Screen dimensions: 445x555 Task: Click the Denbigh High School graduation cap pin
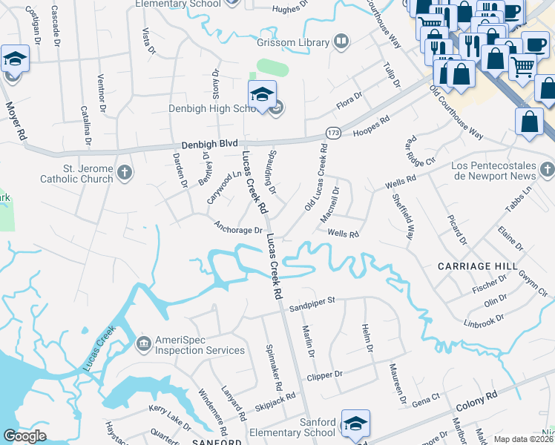262,96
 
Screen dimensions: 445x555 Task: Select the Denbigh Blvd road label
212,145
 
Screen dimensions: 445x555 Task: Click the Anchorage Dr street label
238,228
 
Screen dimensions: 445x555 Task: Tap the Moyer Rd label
17,122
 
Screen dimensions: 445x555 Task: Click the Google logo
25,436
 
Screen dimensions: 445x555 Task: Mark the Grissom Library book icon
341,42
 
